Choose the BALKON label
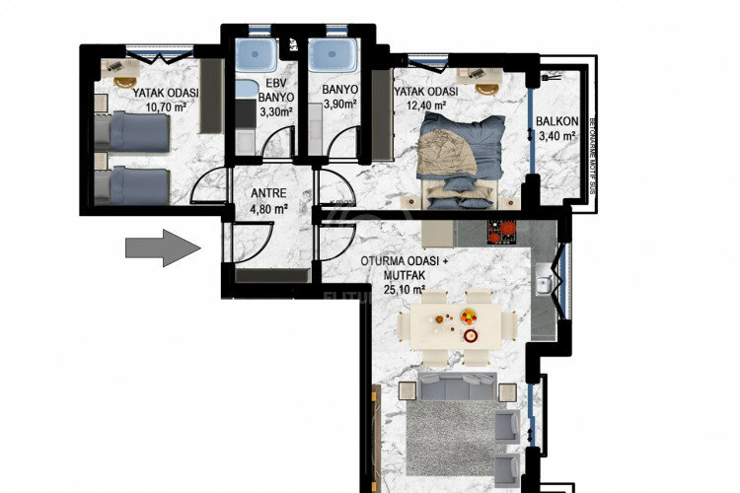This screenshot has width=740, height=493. [555, 122]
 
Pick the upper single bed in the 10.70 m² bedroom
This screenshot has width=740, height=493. [133, 131]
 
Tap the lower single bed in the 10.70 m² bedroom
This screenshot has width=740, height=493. [133, 185]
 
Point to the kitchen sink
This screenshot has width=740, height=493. [544, 286]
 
